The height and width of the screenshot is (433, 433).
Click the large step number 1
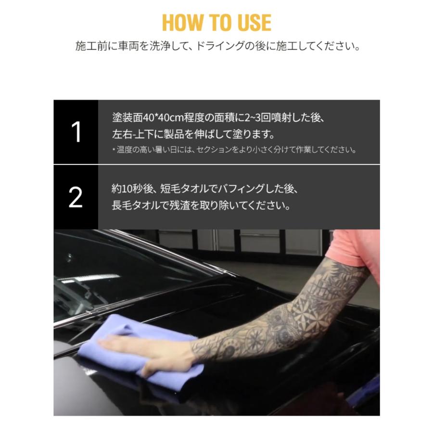[x=76, y=132]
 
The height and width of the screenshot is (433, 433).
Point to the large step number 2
[x=76, y=197]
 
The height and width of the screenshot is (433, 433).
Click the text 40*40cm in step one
[x=163, y=118]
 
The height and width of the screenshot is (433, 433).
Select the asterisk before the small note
[x=114, y=150]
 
